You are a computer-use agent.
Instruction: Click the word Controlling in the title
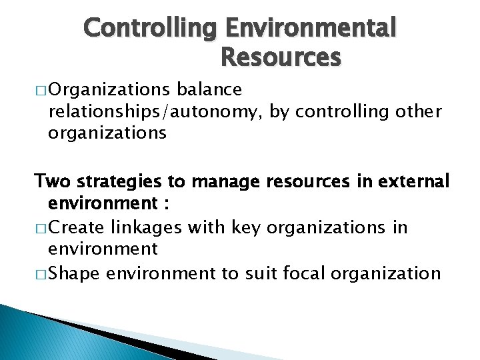(x=151, y=29)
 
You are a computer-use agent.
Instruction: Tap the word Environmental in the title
(x=311, y=29)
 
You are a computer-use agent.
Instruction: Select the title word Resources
(x=280, y=58)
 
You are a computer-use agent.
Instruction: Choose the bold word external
(x=414, y=181)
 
